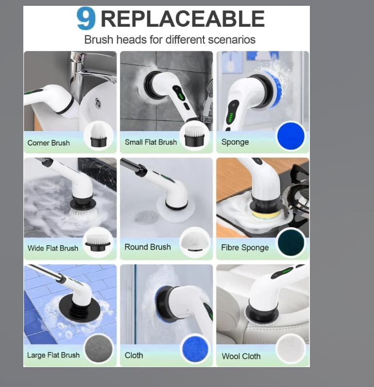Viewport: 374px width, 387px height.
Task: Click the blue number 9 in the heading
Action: [x=85, y=18]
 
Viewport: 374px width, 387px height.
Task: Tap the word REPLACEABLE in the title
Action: [x=183, y=19]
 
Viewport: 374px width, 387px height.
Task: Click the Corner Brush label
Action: [x=49, y=143]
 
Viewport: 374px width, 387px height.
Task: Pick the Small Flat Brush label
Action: [x=151, y=142]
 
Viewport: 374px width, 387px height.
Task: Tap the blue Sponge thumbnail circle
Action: [x=291, y=136]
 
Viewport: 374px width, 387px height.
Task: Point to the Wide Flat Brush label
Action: [x=53, y=248]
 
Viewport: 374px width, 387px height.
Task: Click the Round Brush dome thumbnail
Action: [x=195, y=242]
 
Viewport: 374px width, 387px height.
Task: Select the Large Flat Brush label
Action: [x=53, y=355]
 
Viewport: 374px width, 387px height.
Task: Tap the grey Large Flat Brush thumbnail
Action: [x=99, y=349]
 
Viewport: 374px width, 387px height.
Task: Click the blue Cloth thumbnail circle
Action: [x=195, y=349]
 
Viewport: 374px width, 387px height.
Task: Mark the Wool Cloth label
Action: [x=241, y=356]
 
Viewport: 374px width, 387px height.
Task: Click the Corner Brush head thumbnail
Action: [x=99, y=135]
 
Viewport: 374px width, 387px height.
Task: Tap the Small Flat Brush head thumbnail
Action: [x=195, y=136]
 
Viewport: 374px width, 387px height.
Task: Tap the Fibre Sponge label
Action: [x=245, y=248]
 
